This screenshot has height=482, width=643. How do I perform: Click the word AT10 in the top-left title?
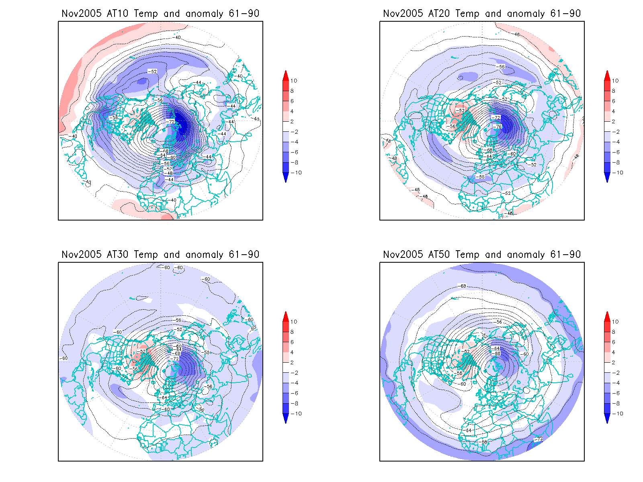tap(117, 13)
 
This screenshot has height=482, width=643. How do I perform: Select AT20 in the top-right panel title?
tap(439, 13)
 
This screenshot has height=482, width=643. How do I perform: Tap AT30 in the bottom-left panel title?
tap(117, 254)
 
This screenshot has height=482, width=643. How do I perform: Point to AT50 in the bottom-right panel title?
tap(439, 254)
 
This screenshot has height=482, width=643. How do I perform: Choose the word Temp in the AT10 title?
tap(146, 14)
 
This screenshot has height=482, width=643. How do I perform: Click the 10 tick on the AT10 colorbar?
tap(294, 81)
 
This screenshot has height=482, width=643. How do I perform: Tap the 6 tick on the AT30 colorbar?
tap(292, 342)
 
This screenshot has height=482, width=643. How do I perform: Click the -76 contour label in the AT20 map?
tap(498, 127)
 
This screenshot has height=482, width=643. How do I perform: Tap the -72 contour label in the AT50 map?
tap(538, 439)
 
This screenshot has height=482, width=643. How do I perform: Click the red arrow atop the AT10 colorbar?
tap(286, 75)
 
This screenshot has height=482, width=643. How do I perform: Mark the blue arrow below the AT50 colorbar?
tap(607, 419)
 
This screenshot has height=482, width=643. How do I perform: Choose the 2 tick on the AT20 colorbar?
tap(614, 121)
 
